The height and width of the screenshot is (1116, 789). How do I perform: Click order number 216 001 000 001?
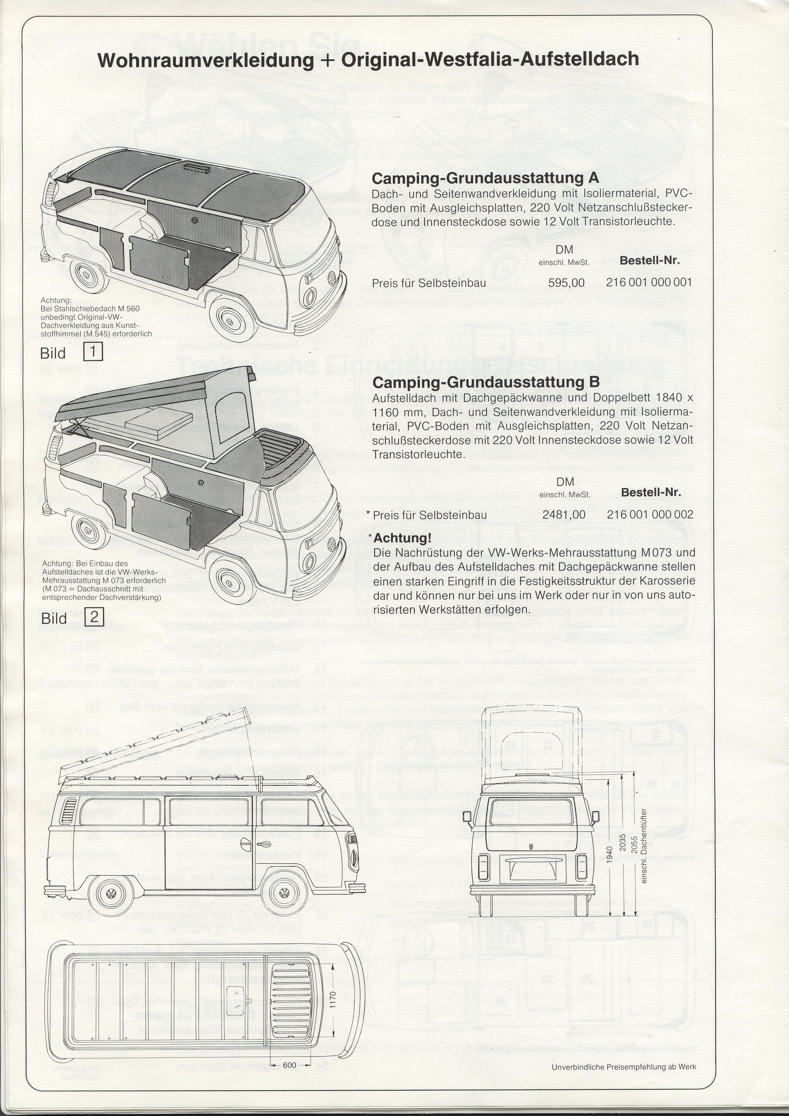[x=649, y=282]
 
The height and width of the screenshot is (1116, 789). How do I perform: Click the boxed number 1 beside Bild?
[x=93, y=351]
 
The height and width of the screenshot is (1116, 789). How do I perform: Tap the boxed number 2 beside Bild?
[x=94, y=617]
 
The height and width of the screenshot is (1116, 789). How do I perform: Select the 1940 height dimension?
[x=610, y=854]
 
